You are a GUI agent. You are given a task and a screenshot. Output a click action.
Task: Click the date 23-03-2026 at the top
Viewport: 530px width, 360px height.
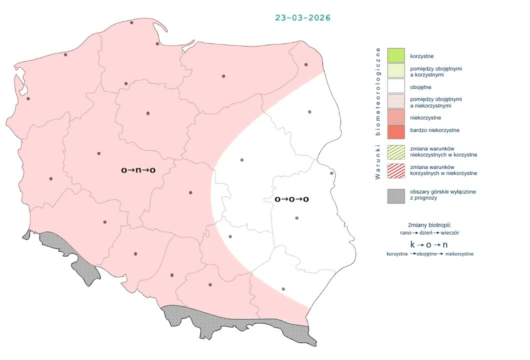click(302, 17)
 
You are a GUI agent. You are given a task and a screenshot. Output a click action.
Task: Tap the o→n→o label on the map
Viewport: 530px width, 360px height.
click(138, 170)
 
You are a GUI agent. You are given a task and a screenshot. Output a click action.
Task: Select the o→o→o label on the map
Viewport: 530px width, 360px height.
click(291, 199)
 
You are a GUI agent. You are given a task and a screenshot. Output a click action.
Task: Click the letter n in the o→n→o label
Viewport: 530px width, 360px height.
click(138, 170)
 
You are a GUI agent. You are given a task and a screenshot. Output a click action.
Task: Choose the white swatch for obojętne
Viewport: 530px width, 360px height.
click(395, 87)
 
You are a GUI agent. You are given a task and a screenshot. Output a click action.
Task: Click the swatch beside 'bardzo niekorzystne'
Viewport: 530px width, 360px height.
click(395, 130)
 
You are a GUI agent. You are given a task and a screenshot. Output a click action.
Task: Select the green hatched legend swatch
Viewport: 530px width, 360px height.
click(395, 152)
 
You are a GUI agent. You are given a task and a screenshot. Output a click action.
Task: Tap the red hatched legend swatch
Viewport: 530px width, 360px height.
click(395, 170)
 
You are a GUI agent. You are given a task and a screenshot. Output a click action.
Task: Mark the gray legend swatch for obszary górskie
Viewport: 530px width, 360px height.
click(395, 195)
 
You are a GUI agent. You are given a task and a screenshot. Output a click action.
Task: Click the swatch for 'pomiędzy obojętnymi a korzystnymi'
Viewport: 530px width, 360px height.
click(395, 71)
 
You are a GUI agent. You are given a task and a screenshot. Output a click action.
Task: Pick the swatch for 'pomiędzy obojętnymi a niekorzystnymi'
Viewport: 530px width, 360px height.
click(395, 102)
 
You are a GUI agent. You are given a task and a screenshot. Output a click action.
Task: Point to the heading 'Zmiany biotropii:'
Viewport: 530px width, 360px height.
click(430, 225)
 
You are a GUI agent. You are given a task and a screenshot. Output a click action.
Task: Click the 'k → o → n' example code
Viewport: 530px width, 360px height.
click(429, 245)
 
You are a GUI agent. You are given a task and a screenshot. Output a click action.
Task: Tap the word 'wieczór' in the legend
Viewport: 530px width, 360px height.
click(450, 233)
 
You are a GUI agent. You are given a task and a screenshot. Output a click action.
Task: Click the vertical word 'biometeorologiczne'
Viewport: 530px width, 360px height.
click(378, 91)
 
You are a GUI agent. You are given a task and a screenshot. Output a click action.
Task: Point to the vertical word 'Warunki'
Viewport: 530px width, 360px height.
click(378, 162)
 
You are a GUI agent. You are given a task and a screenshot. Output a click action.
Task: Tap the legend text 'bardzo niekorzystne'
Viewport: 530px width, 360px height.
click(434, 130)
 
